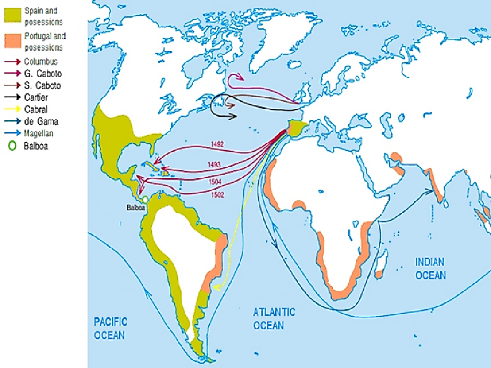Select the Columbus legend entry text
41,62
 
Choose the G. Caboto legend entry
42,74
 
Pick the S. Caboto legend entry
42,86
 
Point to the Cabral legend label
35,110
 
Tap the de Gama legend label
41,122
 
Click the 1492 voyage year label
217,143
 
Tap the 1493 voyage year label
214,164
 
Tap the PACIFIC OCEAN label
109,328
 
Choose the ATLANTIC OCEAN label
274,319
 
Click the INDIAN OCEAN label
430,268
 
